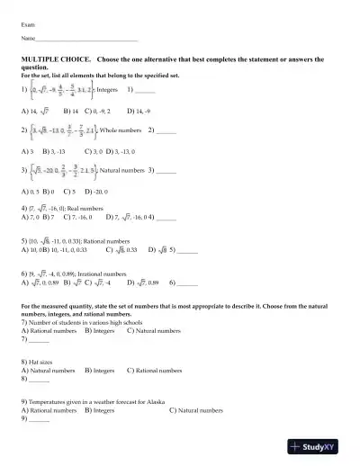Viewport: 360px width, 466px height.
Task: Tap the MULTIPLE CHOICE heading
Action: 54,57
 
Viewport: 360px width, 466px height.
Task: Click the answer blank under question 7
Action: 39,339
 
